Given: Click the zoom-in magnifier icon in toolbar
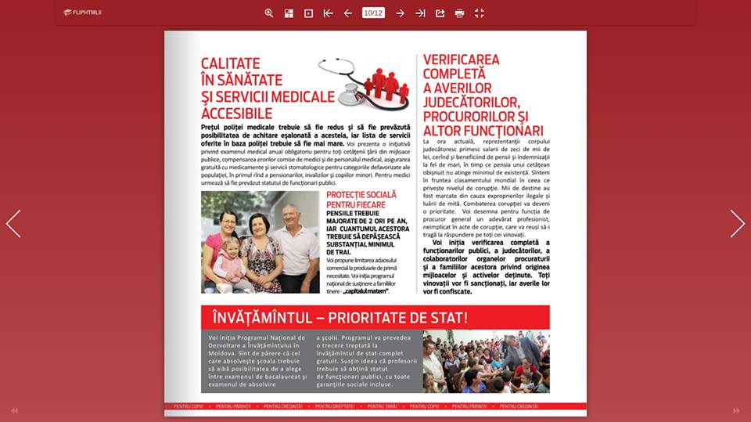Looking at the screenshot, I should [269, 13].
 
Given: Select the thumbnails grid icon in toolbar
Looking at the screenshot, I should [289, 13].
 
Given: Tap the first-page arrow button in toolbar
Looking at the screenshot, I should [329, 13].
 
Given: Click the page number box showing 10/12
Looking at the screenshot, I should [373, 13].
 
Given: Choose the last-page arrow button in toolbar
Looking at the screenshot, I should [420, 13].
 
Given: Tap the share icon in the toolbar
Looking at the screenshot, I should [440, 13].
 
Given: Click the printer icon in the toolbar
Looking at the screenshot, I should [459, 13].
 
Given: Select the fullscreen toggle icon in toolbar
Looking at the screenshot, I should [480, 13].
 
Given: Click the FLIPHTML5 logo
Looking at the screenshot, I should [82, 13].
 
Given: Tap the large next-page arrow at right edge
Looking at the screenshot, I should [737, 223].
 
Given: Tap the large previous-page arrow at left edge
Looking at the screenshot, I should [13, 223].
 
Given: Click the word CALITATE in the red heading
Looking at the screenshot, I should [231, 64].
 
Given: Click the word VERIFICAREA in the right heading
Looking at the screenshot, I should [461, 60].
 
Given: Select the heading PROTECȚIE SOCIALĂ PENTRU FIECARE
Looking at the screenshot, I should [361, 199].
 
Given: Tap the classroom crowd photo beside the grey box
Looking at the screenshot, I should [486, 361].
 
